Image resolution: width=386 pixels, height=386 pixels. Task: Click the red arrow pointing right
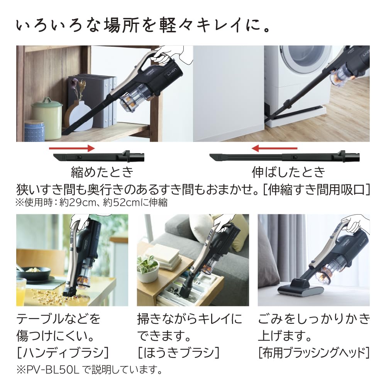coord(72,148)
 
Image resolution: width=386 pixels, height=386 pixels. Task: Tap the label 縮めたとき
coord(102,172)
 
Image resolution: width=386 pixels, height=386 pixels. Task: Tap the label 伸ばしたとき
coord(288,172)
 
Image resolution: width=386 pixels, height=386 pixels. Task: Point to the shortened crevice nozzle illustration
coord(98,157)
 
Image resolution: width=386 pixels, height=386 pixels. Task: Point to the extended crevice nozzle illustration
coord(285,157)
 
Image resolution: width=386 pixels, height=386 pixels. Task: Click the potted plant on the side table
coord(147,266)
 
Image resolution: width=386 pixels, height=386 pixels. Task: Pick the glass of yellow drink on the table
coord(20,288)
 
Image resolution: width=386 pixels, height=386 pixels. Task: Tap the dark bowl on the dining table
coord(37,272)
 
